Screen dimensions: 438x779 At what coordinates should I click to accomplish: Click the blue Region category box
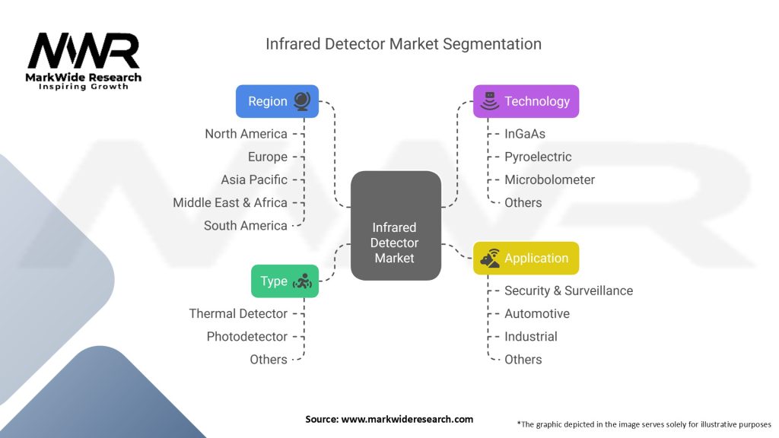277,101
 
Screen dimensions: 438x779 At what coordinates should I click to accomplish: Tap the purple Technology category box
526,101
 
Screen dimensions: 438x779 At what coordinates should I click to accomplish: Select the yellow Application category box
526,259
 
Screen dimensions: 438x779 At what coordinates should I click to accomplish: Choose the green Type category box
285,281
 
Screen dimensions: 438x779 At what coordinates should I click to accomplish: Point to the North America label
246,134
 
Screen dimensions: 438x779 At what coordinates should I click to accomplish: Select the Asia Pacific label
254,179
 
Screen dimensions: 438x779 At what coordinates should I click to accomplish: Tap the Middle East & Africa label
230,202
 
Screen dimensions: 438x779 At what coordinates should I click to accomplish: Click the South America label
245,225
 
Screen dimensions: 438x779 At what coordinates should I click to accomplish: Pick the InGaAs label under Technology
525,134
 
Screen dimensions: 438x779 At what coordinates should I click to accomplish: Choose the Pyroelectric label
538,157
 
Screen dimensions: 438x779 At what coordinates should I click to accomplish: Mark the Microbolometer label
549,179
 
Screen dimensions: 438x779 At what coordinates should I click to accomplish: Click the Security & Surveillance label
568,290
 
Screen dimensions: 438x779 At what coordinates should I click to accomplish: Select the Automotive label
536,313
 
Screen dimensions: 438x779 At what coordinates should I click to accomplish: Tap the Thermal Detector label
238,313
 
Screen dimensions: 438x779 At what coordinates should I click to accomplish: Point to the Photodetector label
246,336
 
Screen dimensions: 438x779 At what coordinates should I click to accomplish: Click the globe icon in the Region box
302,101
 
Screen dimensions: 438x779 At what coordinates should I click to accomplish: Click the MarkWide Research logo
84,61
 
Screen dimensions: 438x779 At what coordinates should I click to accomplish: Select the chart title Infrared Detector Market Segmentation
403,44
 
